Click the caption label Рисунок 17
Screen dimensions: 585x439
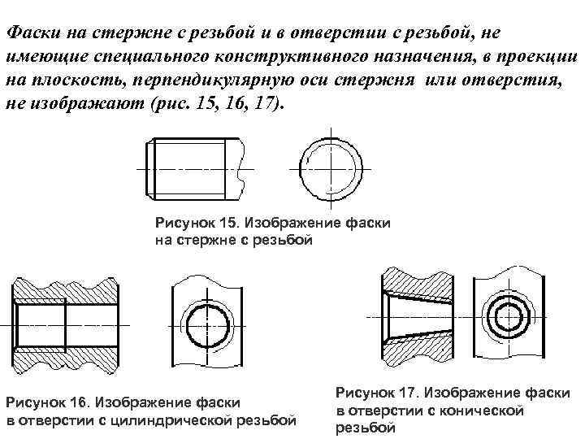pyautogui.click(x=378, y=393)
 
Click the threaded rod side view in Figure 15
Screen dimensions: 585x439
pyautogui.click(x=193, y=168)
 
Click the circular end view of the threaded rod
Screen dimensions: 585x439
pyautogui.click(x=331, y=169)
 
